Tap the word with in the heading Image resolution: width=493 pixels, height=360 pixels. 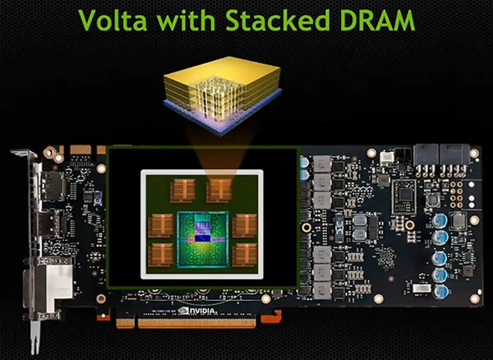(x=187, y=20)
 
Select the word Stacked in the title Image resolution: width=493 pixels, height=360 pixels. (x=278, y=20)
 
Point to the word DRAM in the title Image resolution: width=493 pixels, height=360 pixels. (x=377, y=20)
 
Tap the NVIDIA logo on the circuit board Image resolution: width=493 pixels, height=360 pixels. (x=197, y=311)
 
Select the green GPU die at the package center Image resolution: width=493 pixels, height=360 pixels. (x=203, y=239)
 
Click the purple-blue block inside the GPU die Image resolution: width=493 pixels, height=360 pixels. (x=203, y=231)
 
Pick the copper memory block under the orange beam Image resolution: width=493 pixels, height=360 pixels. (x=219, y=191)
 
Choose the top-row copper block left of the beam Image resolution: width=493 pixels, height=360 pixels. (x=183, y=191)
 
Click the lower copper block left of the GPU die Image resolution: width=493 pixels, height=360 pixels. (x=161, y=254)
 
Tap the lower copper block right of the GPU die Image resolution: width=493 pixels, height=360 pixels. (x=245, y=254)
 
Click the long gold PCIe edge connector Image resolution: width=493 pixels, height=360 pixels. (x=197, y=323)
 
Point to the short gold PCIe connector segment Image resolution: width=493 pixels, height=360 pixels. (x=125, y=323)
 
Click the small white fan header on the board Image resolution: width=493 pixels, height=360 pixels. (x=387, y=158)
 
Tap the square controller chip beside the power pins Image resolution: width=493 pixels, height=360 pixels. (x=404, y=196)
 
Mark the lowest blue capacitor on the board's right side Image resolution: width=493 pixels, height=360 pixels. (x=440, y=292)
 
